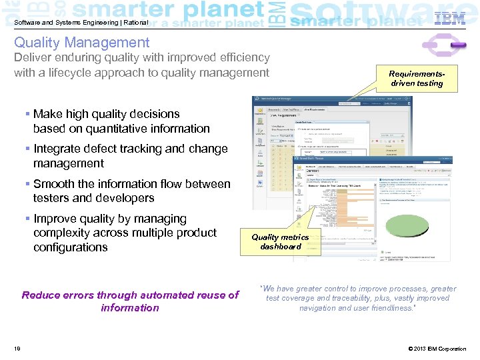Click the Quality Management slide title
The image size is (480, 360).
(82, 43)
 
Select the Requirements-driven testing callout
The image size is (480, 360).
(417, 78)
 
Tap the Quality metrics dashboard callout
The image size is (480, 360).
(280, 241)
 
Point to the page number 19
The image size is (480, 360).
(17, 349)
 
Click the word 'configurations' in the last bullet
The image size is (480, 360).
(71, 247)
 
